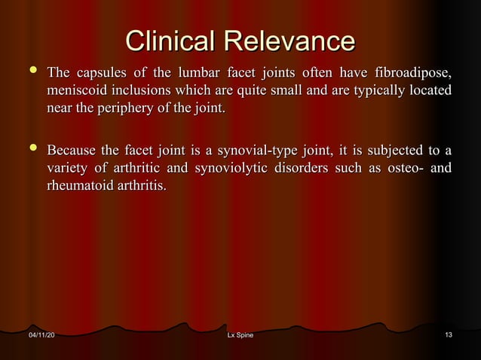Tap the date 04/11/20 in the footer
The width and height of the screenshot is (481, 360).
click(41, 334)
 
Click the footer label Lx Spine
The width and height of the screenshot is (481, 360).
click(240, 334)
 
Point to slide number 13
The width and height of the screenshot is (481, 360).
click(449, 334)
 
